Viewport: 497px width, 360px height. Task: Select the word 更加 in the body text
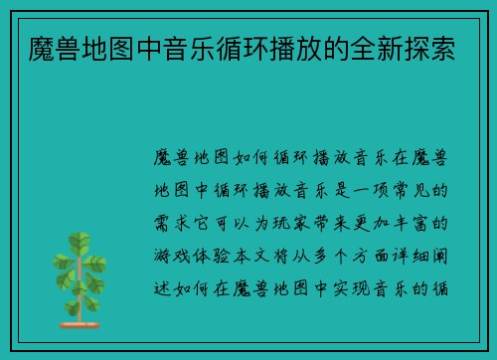point(390,223)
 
